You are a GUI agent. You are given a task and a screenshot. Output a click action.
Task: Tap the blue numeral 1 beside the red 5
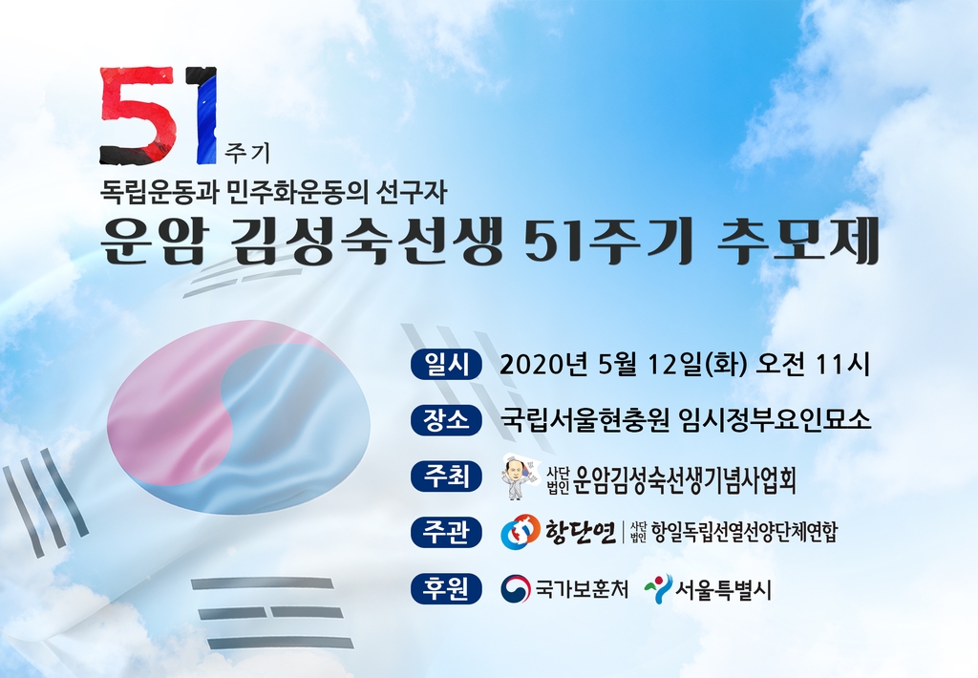[x=204, y=115]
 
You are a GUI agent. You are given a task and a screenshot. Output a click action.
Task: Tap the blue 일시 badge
[x=446, y=364]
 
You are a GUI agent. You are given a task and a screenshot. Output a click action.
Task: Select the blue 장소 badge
[x=446, y=419]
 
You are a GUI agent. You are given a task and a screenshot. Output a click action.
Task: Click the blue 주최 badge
[x=446, y=477]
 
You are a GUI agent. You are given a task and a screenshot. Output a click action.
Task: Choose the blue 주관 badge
[x=446, y=533]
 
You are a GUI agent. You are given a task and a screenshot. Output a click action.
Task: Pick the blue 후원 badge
[x=446, y=589]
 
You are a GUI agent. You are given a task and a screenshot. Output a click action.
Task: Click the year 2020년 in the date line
[x=543, y=365]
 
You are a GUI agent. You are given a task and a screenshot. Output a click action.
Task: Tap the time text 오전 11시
[x=812, y=365]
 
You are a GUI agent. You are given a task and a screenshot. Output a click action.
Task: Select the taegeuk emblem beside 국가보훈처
[x=516, y=589]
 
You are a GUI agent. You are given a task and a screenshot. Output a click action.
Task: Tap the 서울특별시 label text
[x=724, y=589]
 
